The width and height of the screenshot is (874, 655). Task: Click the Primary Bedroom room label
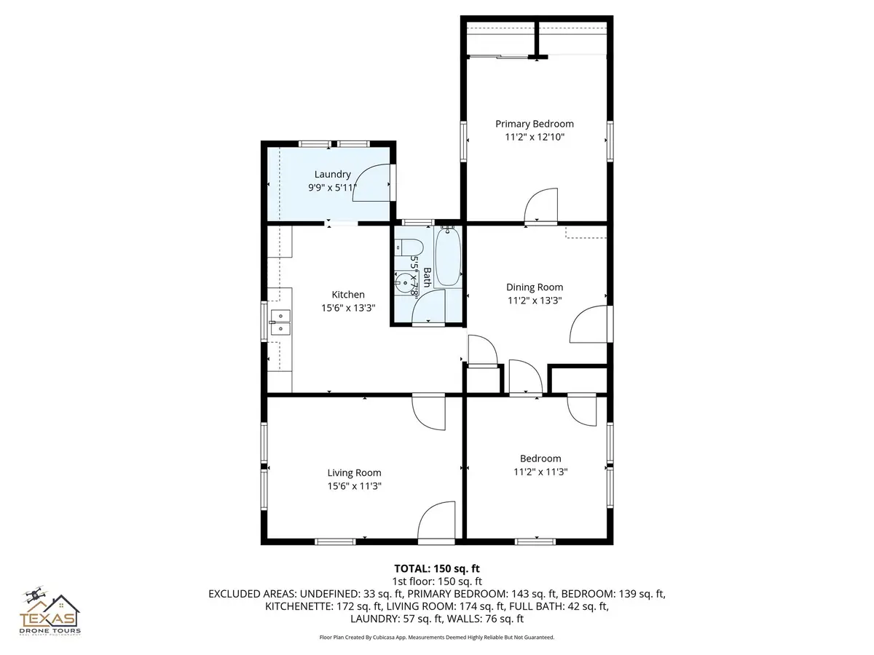[535, 124]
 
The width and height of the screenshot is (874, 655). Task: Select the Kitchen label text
[348, 295]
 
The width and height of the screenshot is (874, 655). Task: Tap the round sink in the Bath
[401, 281]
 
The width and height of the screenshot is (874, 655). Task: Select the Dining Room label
[535, 287]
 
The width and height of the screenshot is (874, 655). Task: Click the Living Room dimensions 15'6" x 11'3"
[354, 486]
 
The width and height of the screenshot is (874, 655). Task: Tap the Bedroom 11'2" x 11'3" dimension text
[540, 472]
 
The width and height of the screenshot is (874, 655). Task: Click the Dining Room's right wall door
[588, 325]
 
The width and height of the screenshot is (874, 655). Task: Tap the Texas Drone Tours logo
[50, 613]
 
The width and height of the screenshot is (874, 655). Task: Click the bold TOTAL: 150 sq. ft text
[436, 568]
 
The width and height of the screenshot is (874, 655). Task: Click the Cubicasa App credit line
[437, 637]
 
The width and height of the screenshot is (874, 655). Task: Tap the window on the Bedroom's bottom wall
[536, 541]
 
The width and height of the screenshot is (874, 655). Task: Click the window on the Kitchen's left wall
[264, 320]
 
